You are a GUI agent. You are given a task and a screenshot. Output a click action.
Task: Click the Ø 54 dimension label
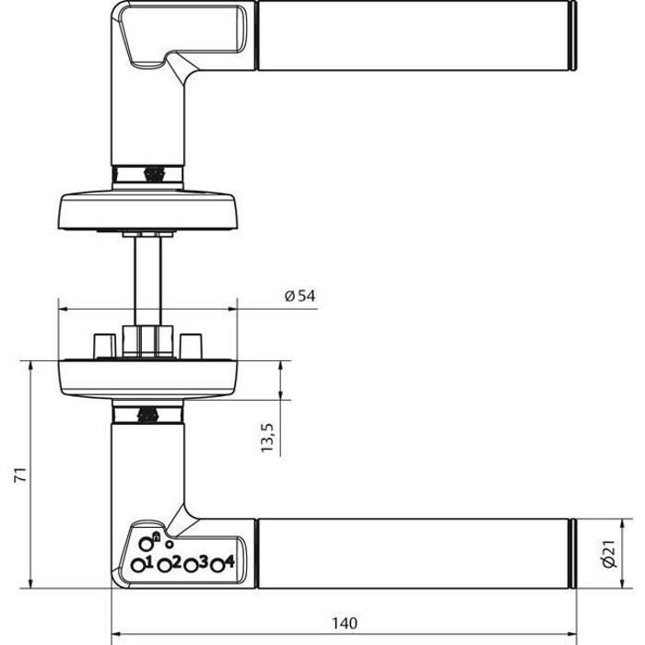coord(300,296)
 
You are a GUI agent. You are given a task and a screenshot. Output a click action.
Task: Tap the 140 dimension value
coord(345,623)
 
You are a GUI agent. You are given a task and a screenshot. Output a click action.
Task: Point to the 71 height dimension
coord(21,475)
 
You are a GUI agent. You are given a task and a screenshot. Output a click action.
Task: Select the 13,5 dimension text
coord(267,437)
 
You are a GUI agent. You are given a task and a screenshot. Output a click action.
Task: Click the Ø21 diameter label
coord(610,553)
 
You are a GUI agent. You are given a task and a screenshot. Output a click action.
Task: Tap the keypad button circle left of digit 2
coord(165,566)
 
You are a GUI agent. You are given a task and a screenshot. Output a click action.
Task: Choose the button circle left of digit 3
coord(191,566)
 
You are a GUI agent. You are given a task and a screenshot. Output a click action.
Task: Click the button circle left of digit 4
coord(217,566)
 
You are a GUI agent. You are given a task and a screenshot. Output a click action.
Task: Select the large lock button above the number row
coord(146,544)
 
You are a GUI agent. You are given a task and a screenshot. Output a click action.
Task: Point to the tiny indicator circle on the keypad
coord(169,545)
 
